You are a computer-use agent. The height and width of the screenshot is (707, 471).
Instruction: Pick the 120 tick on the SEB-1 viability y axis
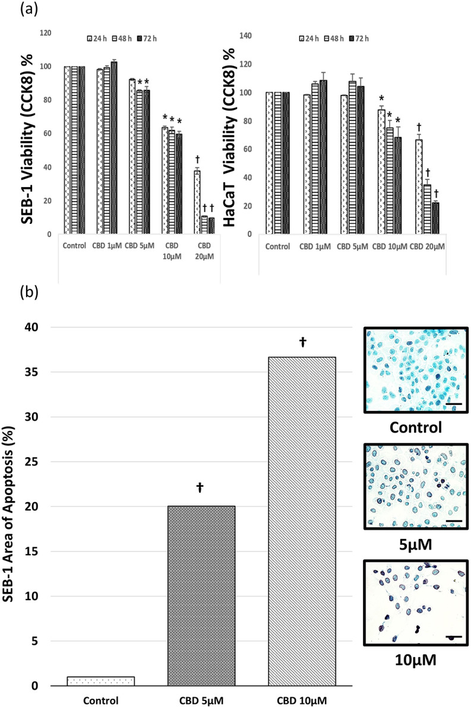click(x=45, y=33)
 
